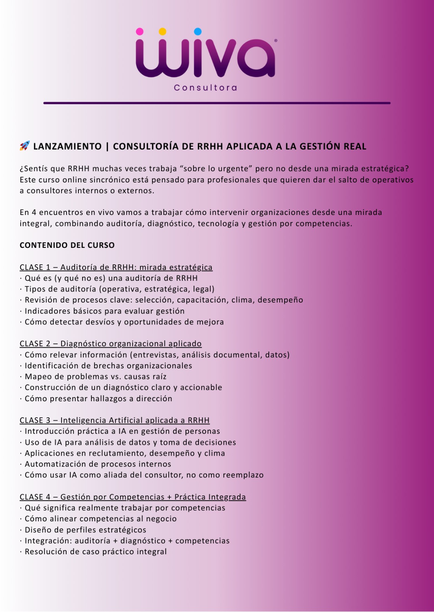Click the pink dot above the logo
click(140, 31)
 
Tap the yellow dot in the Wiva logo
click(162, 31)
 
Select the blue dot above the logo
click(198, 31)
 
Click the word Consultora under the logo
click(205, 88)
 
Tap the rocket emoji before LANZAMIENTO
click(24, 146)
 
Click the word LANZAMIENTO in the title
click(67, 146)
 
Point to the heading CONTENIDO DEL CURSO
click(67, 245)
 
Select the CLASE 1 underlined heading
click(116, 267)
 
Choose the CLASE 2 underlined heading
click(111, 343)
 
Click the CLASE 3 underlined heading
click(114, 420)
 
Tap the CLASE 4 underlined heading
click(133, 497)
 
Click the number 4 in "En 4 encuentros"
click(34, 212)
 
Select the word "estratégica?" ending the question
click(384, 169)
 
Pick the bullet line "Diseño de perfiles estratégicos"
click(85, 530)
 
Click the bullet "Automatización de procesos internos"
click(98, 464)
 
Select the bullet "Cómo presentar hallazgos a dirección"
click(98, 399)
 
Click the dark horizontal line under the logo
click(217, 103)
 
